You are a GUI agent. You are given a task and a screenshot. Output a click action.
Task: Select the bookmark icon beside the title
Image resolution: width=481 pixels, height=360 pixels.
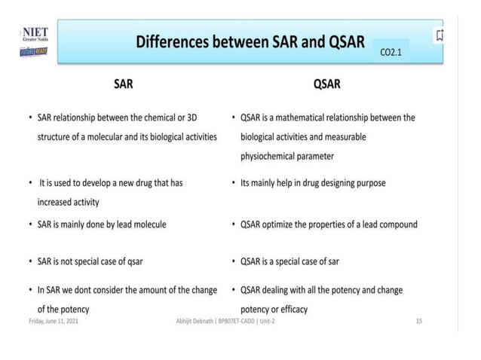(x=440, y=35)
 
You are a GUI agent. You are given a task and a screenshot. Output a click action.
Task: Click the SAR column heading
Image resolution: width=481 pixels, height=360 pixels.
(x=123, y=84)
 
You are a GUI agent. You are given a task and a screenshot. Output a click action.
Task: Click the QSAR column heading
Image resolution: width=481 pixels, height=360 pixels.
(x=326, y=84)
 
